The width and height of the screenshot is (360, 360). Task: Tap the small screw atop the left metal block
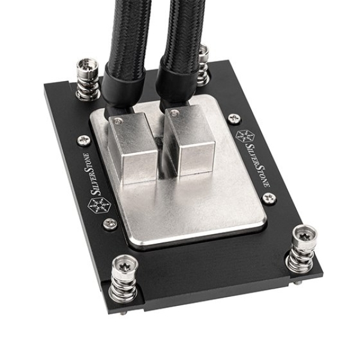pos(118,121)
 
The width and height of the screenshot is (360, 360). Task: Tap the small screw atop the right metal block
pos(174,112)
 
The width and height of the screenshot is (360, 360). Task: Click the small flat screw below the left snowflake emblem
pos(110,224)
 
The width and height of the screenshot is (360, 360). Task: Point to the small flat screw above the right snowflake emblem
pos(235,118)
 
